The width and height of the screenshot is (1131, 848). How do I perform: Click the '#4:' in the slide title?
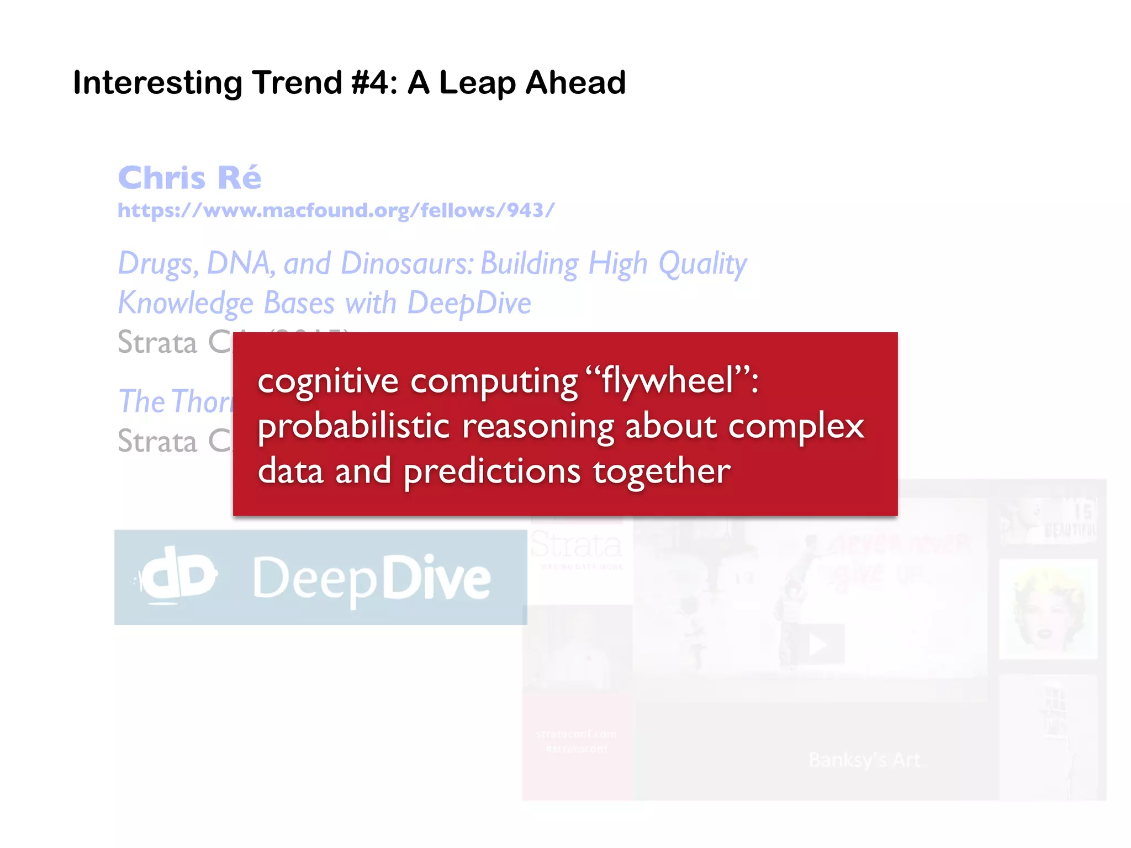(x=374, y=83)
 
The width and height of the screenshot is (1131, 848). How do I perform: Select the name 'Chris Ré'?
(x=189, y=178)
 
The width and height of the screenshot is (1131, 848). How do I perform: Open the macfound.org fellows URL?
(x=336, y=210)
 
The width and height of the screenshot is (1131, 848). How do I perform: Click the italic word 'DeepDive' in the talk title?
(x=469, y=303)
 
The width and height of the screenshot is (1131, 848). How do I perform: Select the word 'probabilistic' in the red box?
(x=353, y=426)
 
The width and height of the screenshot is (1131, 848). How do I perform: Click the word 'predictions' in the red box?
(x=491, y=471)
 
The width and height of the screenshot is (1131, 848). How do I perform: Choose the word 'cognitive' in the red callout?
(x=328, y=381)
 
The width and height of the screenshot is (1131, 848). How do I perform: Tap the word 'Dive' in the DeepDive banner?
(x=436, y=577)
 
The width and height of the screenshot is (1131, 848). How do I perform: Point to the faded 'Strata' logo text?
(x=576, y=545)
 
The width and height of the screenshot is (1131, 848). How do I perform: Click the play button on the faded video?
(x=818, y=644)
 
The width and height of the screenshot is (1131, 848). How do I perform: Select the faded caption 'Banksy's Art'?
(x=864, y=760)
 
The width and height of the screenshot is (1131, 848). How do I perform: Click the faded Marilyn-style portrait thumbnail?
(x=1048, y=609)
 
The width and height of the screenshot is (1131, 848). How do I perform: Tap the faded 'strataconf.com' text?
(x=576, y=734)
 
